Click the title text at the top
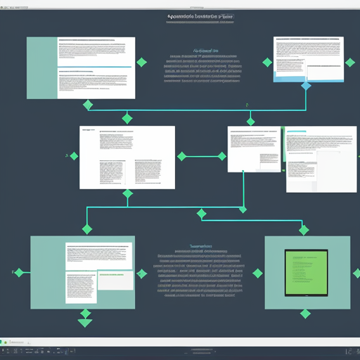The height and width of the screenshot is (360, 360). [200, 15]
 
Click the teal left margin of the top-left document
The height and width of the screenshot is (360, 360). [41, 67]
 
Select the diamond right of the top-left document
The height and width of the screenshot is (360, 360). [141, 63]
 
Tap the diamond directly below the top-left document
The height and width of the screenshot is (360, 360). [87, 105]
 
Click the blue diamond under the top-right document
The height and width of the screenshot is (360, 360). [306, 86]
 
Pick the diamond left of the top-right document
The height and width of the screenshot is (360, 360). [267, 62]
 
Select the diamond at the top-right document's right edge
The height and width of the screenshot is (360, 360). [349, 63]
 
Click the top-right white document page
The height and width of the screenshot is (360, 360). [309, 59]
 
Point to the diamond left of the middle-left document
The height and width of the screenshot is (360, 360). [72, 155]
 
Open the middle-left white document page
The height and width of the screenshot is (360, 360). [127, 157]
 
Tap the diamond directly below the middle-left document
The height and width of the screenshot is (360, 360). [127, 194]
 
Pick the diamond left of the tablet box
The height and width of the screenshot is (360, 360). [257, 274]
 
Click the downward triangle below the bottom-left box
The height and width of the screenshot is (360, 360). [85, 323]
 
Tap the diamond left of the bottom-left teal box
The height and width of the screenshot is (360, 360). [19, 273]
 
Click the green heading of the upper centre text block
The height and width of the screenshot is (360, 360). [205, 51]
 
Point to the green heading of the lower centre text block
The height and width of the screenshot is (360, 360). [200, 247]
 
